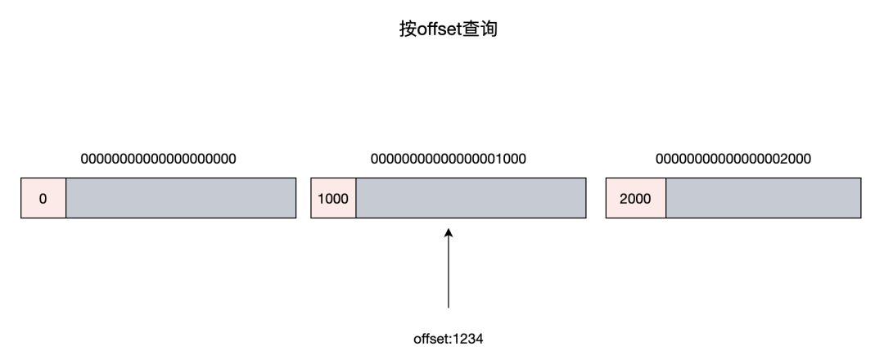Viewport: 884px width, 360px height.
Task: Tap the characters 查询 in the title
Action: click(x=480, y=30)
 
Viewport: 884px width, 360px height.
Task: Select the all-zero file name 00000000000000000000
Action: click(x=158, y=159)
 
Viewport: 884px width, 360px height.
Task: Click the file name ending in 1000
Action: click(x=449, y=159)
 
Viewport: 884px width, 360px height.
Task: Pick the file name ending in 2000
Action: click(x=734, y=159)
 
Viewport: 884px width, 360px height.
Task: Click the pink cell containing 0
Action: click(x=43, y=199)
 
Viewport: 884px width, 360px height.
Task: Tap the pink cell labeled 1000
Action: click(x=334, y=199)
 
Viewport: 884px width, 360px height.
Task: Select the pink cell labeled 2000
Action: click(x=636, y=199)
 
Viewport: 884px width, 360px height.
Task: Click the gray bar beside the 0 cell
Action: click(x=180, y=199)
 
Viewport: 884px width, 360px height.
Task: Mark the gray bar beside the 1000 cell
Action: click(x=471, y=199)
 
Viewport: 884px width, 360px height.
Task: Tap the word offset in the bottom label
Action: click(x=431, y=337)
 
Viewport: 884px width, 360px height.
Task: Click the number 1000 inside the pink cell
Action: click(x=334, y=199)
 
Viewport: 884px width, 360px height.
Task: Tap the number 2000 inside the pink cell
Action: click(x=636, y=199)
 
